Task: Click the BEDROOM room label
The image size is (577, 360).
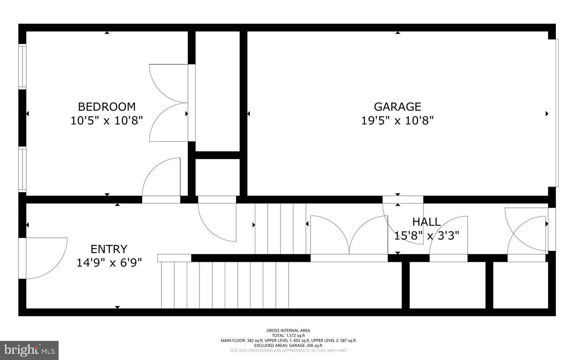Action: [x=107, y=107]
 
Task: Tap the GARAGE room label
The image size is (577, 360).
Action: [x=397, y=107]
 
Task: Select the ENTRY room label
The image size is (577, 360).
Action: [x=109, y=249]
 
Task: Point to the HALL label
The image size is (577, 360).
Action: [x=426, y=222]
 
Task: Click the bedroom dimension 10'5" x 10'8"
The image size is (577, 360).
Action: [x=107, y=121]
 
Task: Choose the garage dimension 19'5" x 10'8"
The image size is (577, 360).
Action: [x=397, y=121]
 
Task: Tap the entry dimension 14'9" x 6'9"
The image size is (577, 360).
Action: [x=109, y=263]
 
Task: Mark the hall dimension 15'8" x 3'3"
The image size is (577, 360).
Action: [x=426, y=235]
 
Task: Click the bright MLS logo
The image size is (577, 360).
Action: [x=29, y=350]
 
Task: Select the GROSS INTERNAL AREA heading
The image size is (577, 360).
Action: [x=288, y=330]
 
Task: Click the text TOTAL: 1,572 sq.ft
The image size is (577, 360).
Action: [x=288, y=336]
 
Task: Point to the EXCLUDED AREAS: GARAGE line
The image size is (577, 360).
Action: [x=288, y=345]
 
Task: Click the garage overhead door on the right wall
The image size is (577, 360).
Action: [x=557, y=113]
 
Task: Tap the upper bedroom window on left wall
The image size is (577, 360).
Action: [x=22, y=66]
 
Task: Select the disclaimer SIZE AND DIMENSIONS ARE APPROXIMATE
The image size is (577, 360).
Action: [x=288, y=350]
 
